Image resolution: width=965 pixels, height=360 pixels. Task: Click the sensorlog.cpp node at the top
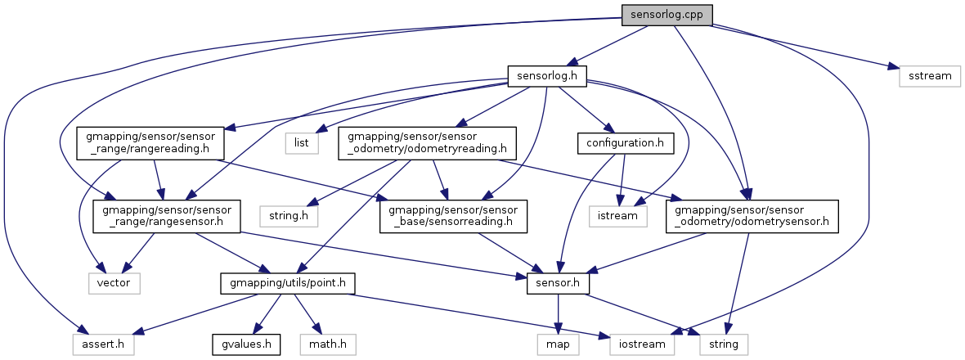pos(667,15)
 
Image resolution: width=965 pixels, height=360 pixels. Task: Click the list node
pos(301,143)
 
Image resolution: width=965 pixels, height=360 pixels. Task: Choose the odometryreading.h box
pos(428,143)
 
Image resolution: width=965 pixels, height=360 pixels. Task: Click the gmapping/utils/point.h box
pos(286,282)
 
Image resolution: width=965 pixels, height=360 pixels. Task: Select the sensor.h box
pos(557,282)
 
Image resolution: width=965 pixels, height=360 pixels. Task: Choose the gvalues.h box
pos(246,344)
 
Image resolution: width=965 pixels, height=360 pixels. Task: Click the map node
pos(557,344)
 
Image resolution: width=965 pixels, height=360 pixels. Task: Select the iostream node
pos(642,344)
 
